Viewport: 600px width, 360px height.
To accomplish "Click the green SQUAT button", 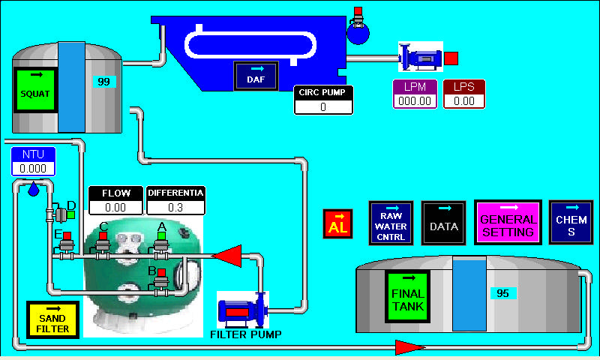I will tap(36, 90).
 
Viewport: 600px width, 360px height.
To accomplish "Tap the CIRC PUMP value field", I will tap(323, 106).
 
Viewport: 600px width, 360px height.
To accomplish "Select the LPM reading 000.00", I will tap(415, 100).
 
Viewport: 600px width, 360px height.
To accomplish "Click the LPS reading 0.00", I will tap(464, 100).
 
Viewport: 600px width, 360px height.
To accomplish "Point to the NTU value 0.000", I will tap(33, 169).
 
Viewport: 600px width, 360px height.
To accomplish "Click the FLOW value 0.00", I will tap(115, 207).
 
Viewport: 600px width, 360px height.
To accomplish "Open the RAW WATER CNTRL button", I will tap(391, 222).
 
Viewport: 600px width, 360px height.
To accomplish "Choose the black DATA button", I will tap(444, 223).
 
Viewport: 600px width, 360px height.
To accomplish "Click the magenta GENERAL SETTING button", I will tap(508, 222).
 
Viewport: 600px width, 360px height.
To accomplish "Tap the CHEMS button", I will tap(571, 222).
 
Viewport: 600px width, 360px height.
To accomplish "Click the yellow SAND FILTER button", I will tap(52, 319).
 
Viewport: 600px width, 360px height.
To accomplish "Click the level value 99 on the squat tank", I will tap(103, 81).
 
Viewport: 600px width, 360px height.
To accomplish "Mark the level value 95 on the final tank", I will tap(502, 293).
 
